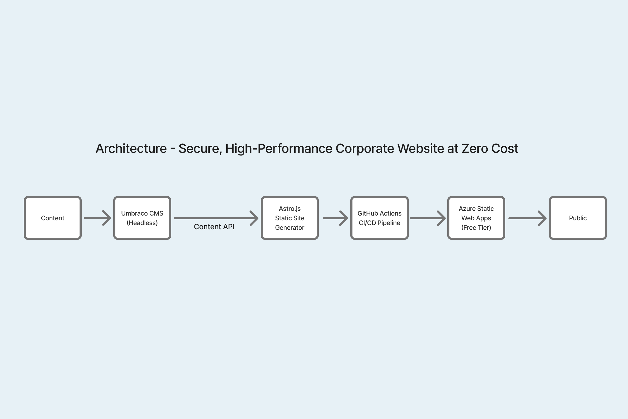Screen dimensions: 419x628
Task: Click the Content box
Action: (53, 218)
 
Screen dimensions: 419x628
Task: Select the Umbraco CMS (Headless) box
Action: (142, 218)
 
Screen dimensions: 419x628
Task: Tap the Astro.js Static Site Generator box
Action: (290, 218)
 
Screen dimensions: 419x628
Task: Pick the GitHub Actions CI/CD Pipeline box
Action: (379, 218)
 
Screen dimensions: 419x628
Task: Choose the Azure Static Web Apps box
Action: (476, 218)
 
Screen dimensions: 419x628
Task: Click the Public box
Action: (578, 218)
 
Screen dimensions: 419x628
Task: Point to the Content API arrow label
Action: (214, 227)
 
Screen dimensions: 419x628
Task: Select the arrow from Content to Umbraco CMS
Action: (97, 218)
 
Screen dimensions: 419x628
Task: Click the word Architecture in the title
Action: (131, 149)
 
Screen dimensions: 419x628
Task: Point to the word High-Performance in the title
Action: (279, 149)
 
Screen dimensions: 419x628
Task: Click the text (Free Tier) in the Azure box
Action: (476, 228)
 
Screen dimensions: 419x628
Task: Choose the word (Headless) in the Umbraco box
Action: (142, 223)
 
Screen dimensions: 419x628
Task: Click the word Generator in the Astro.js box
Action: (290, 228)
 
